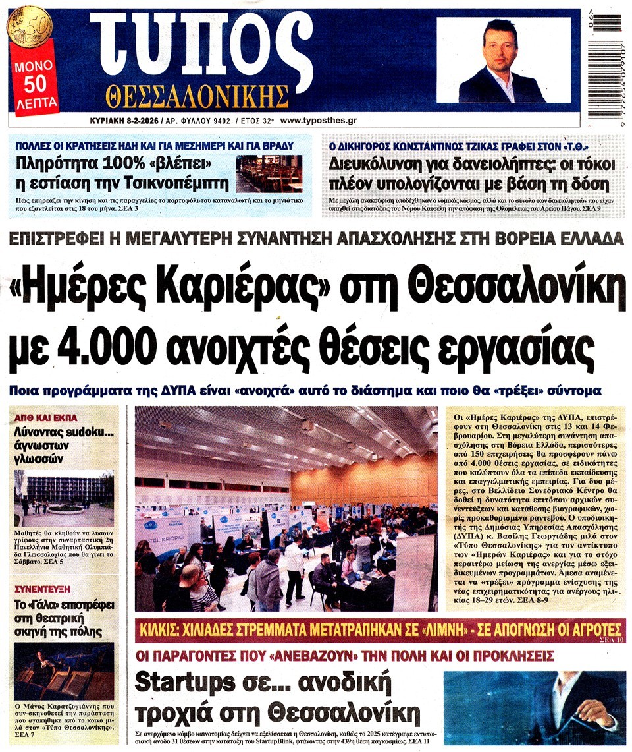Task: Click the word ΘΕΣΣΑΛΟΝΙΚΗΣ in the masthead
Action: pos(197,96)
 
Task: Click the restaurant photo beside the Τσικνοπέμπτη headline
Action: pos(269,173)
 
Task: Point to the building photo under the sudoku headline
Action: pos(64,498)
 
